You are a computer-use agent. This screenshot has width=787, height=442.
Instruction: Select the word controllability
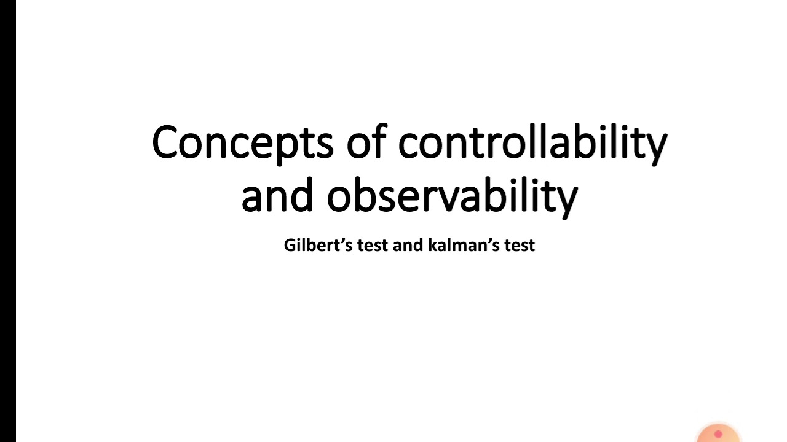(532, 142)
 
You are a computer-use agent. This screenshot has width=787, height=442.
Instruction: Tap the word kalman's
(459, 245)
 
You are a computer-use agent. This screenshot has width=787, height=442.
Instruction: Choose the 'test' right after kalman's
(520, 246)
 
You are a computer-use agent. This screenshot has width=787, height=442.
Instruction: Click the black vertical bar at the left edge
(7, 221)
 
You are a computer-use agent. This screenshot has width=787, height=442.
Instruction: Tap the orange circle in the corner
(718, 433)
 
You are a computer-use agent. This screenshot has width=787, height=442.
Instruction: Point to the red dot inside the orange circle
(718, 434)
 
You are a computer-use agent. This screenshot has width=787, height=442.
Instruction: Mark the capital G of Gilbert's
(290, 245)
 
